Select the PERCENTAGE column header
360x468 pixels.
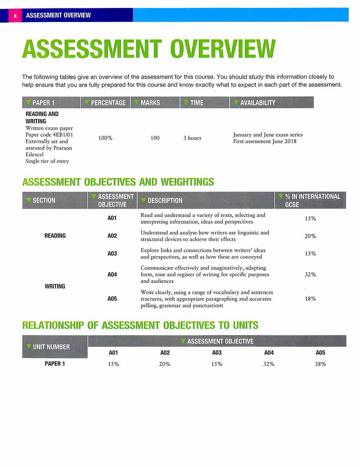coord(105,103)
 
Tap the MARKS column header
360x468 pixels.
coord(155,103)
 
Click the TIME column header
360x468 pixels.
coord(204,103)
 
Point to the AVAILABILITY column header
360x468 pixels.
coord(271,103)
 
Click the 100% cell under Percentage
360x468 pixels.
coord(105,138)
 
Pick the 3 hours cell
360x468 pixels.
coord(192,138)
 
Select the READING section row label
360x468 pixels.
coord(55,236)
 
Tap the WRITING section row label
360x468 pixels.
coord(55,286)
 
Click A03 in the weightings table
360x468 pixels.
coord(112,254)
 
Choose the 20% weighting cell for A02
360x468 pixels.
coord(310,236)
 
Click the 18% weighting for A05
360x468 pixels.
coord(310,299)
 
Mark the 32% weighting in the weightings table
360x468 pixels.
coord(310,274)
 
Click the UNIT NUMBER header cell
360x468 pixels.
coord(55,347)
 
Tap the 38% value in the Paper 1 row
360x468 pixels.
coord(320,364)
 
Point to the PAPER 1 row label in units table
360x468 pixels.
coord(55,364)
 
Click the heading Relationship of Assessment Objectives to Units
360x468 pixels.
coord(140,326)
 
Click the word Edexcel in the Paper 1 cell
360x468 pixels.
coord(35,155)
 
